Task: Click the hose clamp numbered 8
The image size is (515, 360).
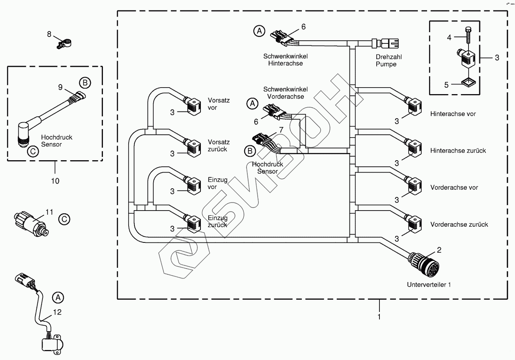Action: [64, 44]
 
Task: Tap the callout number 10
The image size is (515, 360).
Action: [55, 181]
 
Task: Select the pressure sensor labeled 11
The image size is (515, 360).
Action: [31, 224]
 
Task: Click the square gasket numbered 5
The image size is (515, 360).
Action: [468, 83]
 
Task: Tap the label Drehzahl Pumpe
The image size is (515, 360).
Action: [389, 60]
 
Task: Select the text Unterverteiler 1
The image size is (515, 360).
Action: [429, 285]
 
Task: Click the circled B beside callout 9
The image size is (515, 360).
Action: [85, 83]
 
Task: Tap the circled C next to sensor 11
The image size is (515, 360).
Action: [64, 219]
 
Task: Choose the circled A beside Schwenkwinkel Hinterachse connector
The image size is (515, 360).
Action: [259, 31]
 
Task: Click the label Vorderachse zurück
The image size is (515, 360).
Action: [459, 224]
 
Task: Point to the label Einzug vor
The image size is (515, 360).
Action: [217, 183]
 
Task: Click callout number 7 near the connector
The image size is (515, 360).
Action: [281, 130]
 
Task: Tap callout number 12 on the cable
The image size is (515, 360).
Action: [57, 312]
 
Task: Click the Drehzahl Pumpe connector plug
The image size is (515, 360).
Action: [385, 43]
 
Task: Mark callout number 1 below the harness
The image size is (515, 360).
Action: [379, 317]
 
